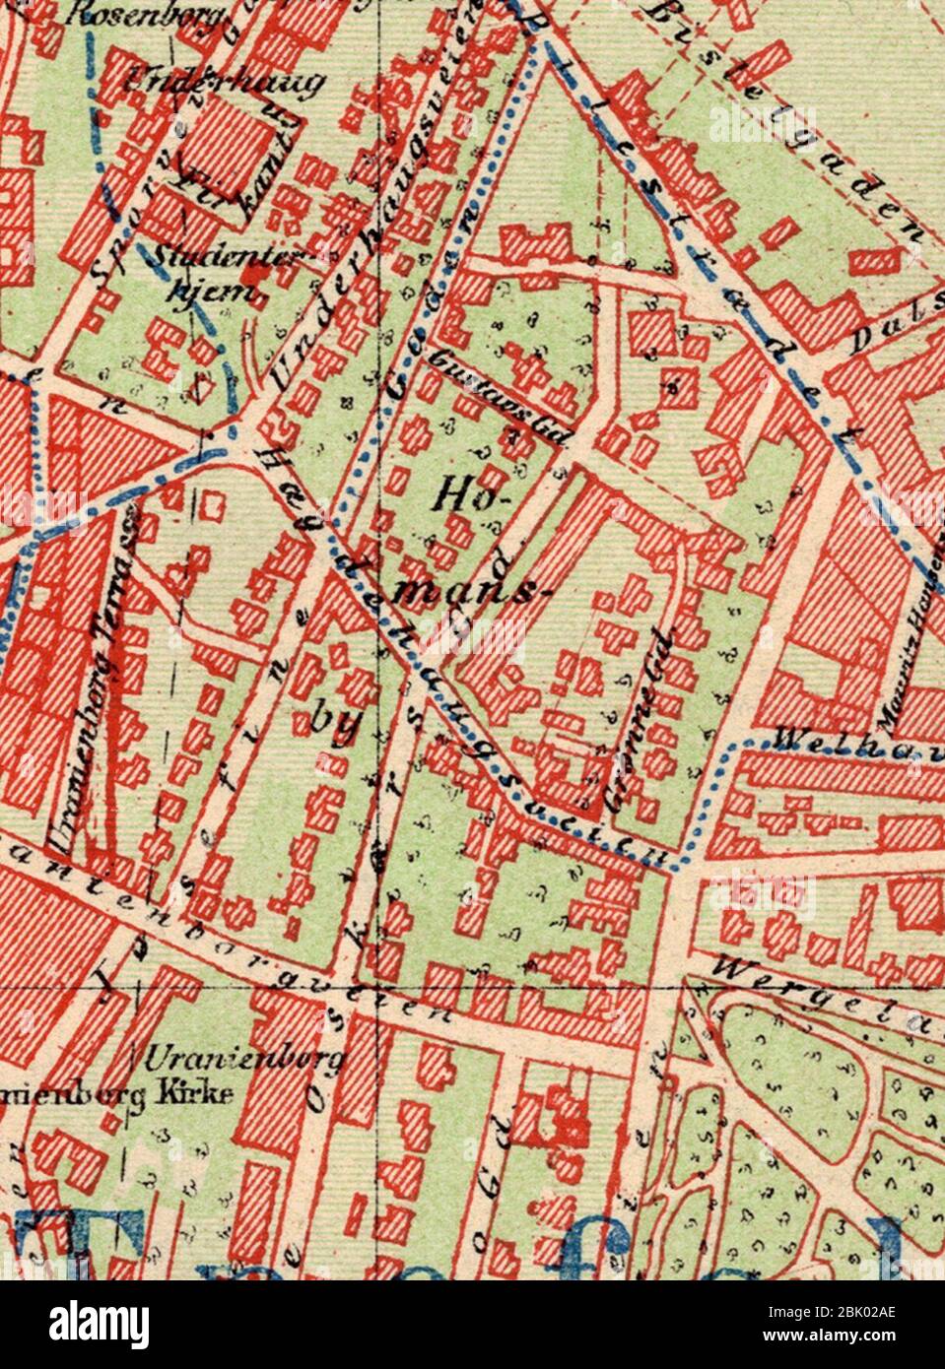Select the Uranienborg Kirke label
[x=118, y=1094]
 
